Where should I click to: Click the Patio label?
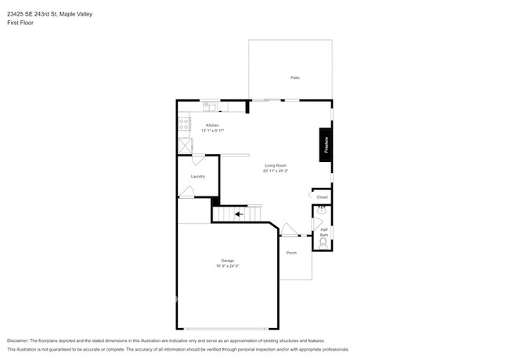pyautogui.click(x=295, y=77)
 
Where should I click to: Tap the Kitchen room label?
pyautogui.click(x=211, y=125)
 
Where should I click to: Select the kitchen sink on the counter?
pyautogui.click(x=210, y=106)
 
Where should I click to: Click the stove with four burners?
pyautogui.click(x=184, y=124)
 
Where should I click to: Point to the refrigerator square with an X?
pyautogui.click(x=185, y=145)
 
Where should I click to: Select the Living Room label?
pyautogui.click(x=275, y=165)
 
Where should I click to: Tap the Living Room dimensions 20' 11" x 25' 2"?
pyautogui.click(x=275, y=171)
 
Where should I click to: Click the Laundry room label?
pyautogui.click(x=197, y=176)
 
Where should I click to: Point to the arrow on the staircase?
pyautogui.click(x=237, y=213)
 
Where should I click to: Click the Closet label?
pyautogui.click(x=322, y=197)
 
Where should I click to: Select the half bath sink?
pyautogui.click(x=322, y=211)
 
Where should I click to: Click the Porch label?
pyautogui.click(x=291, y=253)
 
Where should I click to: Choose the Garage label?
pyautogui.click(x=227, y=261)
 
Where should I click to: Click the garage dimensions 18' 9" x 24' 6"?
pyautogui.click(x=227, y=266)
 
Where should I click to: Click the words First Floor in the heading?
pyautogui.click(x=20, y=23)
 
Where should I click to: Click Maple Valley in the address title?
pyautogui.click(x=77, y=12)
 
